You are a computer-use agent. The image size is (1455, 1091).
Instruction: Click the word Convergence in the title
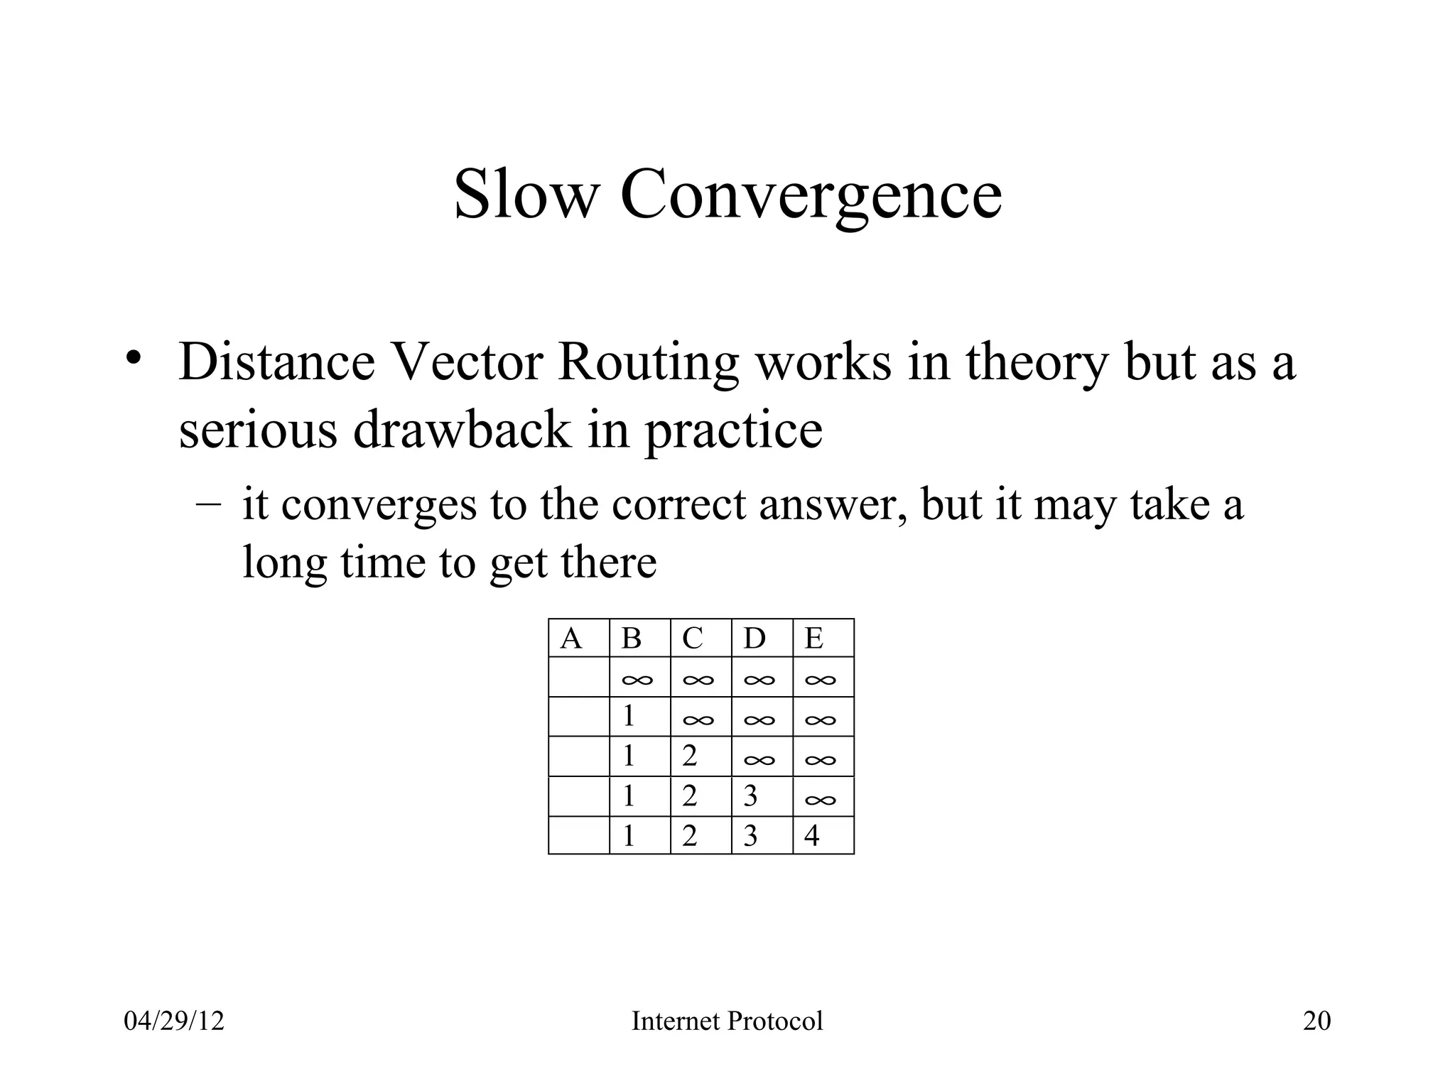(811, 196)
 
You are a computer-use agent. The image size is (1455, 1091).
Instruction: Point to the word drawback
(462, 430)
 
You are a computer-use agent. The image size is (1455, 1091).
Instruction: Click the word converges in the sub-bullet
(379, 506)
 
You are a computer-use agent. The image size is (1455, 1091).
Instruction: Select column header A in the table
(571, 639)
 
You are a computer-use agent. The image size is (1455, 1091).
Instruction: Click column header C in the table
(693, 639)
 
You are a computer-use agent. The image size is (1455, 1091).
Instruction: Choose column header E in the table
(814, 639)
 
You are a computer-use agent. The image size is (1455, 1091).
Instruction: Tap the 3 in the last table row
(751, 836)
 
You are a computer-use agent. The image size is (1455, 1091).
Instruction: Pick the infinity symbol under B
(637, 680)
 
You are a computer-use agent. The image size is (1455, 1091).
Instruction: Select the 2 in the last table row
(690, 836)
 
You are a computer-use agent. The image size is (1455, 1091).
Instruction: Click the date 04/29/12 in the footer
(174, 1021)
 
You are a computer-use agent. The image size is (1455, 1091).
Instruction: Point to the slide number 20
(1316, 1021)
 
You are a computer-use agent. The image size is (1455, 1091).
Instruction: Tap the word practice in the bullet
(733, 431)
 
